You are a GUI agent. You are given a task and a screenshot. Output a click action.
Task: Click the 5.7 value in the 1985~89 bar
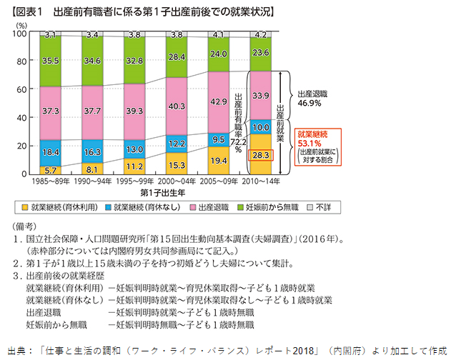[51, 170]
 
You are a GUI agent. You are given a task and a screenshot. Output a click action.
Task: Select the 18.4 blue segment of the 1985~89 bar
[51, 152]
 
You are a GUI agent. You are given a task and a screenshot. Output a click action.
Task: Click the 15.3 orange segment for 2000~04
[178, 164]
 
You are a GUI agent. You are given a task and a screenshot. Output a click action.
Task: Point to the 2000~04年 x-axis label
[178, 183]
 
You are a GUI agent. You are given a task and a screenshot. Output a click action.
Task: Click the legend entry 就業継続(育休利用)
[57, 206]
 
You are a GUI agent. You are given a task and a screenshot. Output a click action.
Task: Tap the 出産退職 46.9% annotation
[311, 98]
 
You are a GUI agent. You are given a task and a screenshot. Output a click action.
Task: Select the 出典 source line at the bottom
[228, 351]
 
